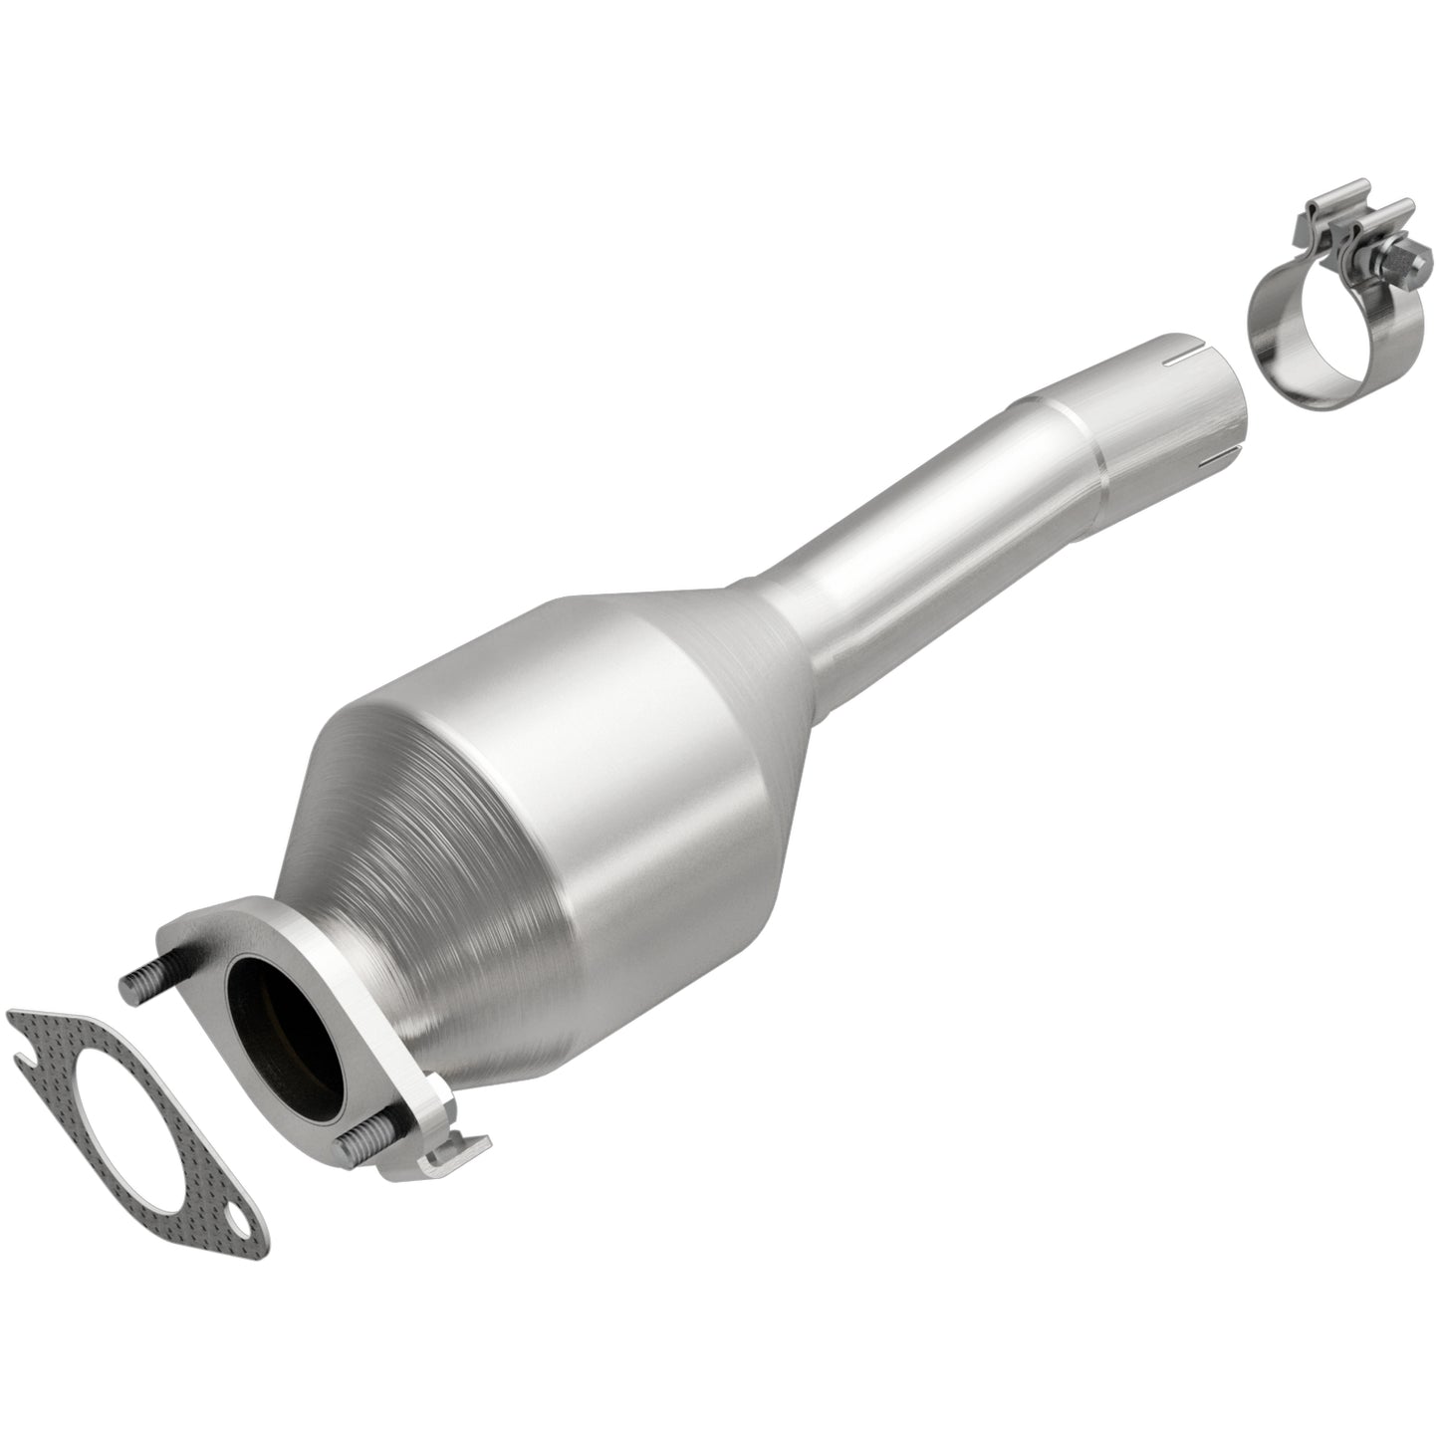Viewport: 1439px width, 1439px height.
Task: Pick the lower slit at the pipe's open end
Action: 1219,459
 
